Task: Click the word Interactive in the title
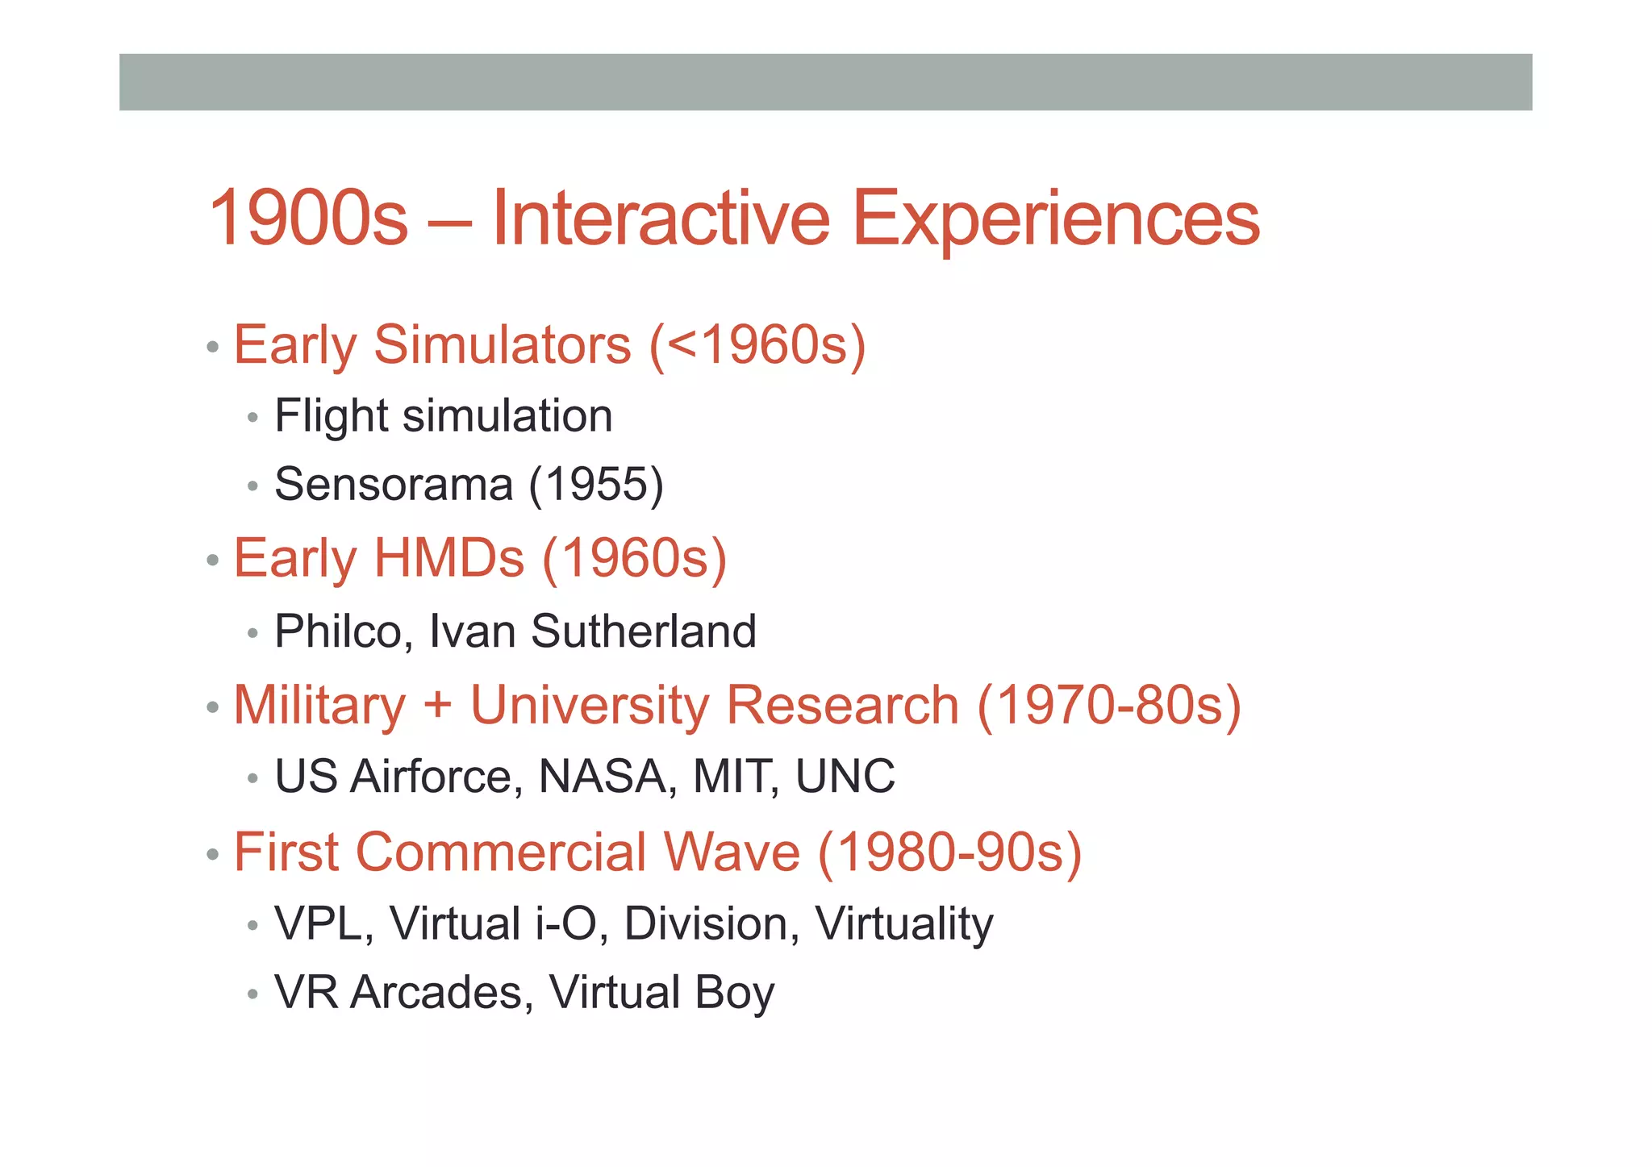661,218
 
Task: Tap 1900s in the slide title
308,218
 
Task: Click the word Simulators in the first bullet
503,345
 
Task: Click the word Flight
332,416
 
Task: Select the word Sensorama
394,485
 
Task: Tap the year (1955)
597,485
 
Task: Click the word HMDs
448,558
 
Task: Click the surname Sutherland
644,631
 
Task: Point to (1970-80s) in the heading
1109,705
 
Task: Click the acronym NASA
602,777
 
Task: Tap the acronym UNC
845,777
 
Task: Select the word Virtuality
904,923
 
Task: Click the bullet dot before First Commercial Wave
213,854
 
